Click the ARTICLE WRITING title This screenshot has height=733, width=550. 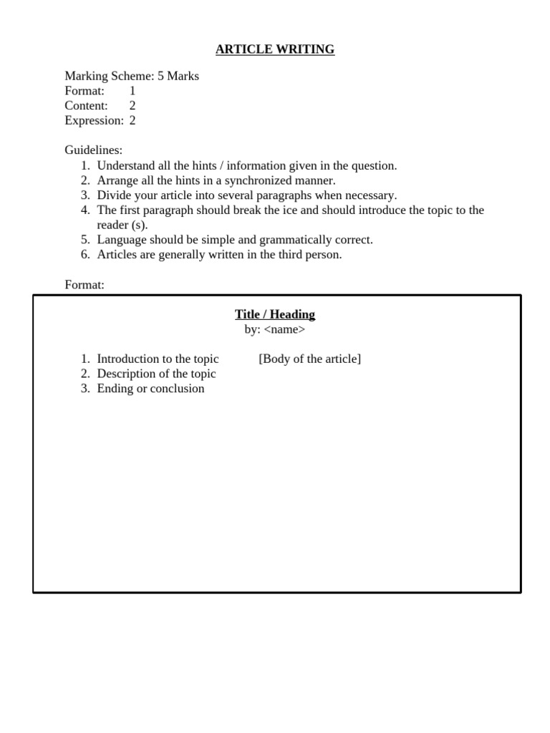point(275,49)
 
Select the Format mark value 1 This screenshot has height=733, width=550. point(132,91)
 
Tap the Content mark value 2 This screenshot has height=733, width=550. point(132,106)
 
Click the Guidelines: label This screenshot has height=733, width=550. point(94,150)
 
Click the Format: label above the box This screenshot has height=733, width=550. point(85,285)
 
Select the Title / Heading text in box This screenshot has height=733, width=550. point(275,314)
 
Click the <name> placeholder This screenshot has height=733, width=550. point(284,329)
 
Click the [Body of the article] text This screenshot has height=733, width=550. point(309,359)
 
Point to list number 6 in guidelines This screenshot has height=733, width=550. point(85,255)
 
